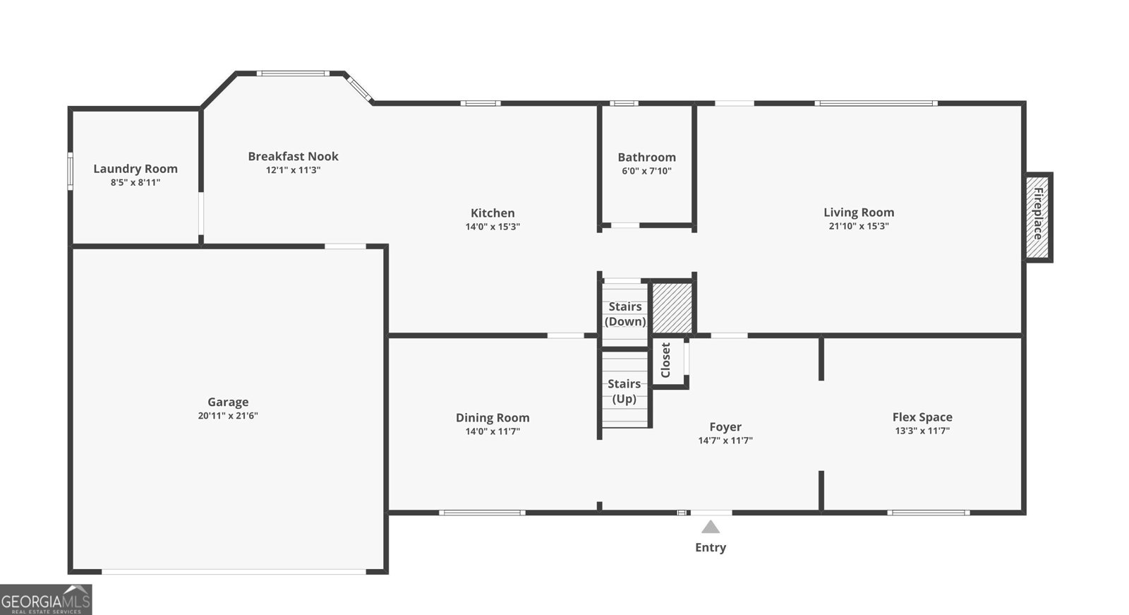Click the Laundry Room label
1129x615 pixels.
(135, 169)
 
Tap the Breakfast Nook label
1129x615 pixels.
(293, 157)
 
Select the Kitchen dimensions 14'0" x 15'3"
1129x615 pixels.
(493, 227)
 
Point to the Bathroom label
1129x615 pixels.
(646, 157)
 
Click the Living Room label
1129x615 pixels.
(859, 213)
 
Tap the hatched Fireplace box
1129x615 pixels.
(1038, 216)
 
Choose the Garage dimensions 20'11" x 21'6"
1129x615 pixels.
(228, 416)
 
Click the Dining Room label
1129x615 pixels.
(493, 418)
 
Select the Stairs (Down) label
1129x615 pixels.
(625, 314)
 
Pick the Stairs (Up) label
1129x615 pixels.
(624, 391)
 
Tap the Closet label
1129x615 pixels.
(665, 360)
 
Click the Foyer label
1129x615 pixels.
(725, 427)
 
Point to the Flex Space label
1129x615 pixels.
(922, 417)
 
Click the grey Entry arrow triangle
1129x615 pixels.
(711, 527)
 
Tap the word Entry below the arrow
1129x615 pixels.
(711, 547)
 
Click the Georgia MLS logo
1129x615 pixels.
(46, 600)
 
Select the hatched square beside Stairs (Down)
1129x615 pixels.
(671, 308)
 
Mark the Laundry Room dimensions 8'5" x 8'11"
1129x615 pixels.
(135, 183)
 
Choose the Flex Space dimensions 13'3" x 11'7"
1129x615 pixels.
(922, 431)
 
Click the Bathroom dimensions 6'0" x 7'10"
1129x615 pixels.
(646, 171)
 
